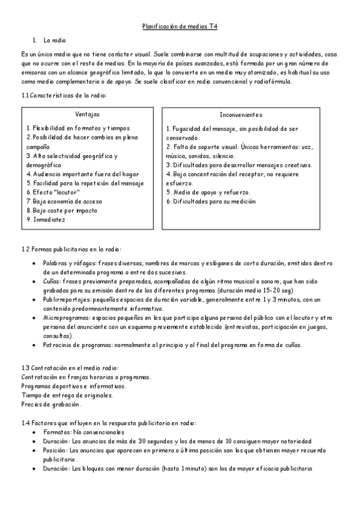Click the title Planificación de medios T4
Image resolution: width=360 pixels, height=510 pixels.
(180, 26)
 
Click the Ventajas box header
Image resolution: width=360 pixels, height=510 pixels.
(88, 114)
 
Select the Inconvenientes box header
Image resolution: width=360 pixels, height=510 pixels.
(240, 114)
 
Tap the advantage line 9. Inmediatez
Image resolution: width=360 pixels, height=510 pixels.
(46, 220)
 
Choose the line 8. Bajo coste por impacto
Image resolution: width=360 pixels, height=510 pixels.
(62, 210)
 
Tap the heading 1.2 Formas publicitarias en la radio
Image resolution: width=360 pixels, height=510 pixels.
(71, 249)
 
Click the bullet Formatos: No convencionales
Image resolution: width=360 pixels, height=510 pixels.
(84, 432)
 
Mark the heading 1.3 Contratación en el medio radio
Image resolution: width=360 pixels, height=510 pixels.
(70, 368)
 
